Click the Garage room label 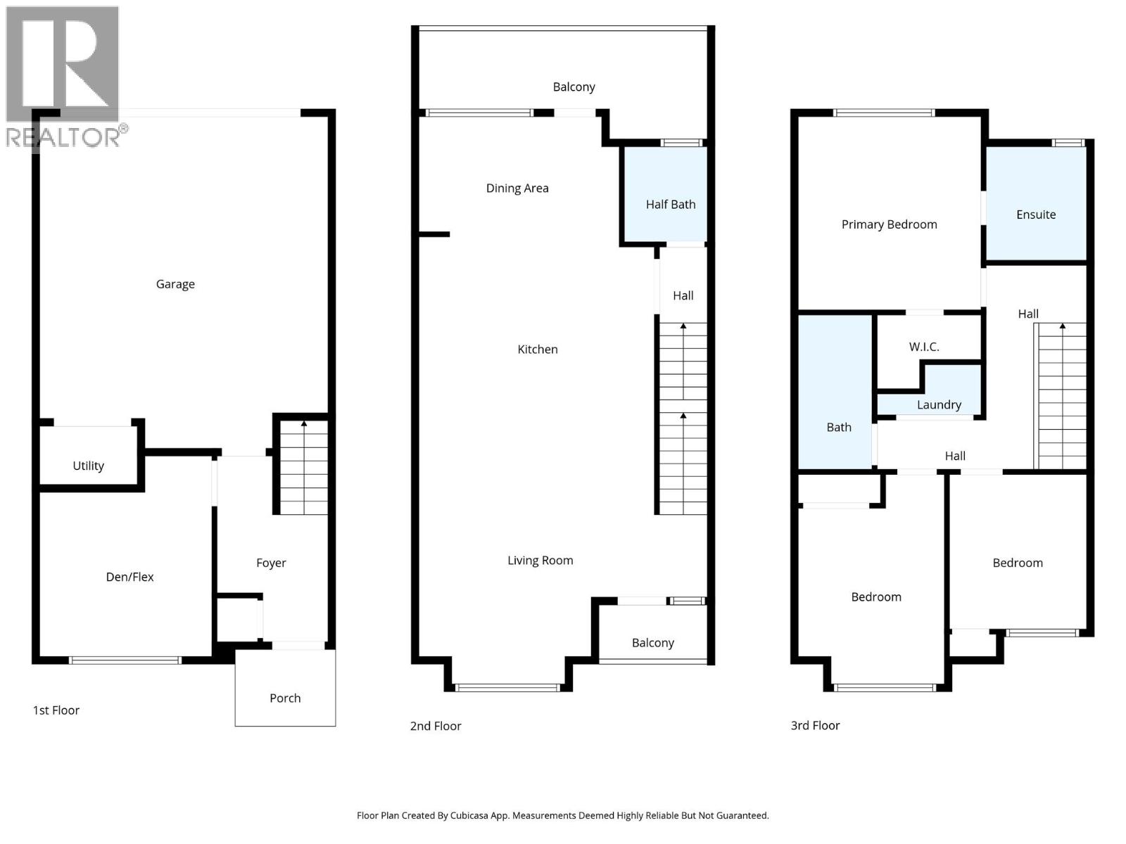click(x=175, y=284)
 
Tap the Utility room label click(x=88, y=466)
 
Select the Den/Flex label click(x=129, y=577)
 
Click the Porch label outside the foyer click(x=285, y=698)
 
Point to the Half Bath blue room click(x=670, y=204)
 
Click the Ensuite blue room click(x=1035, y=215)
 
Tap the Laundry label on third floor click(x=939, y=404)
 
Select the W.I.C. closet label click(x=923, y=347)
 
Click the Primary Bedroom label click(x=889, y=224)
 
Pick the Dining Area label click(x=517, y=188)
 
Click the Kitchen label click(x=538, y=349)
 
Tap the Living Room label click(x=540, y=561)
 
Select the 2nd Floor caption click(x=436, y=726)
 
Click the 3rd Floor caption click(x=815, y=725)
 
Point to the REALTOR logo click(x=63, y=77)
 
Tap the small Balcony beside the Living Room click(x=652, y=642)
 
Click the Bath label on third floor click(x=838, y=427)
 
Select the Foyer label click(x=271, y=563)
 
